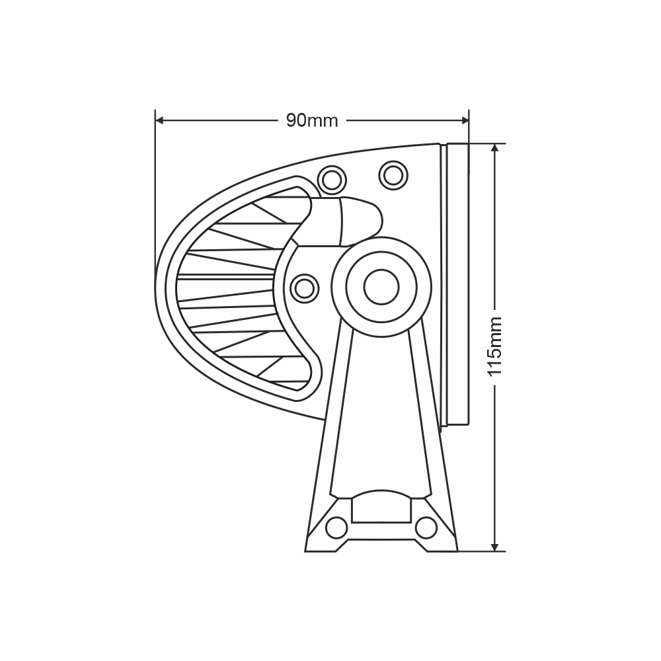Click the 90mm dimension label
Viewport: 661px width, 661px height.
coord(312,120)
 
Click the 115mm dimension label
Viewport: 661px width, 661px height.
coord(495,346)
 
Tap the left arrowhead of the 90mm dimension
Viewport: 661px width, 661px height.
coord(159,120)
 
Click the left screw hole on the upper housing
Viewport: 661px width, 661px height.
coord(330,178)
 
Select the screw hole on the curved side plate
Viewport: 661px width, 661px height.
coord(304,287)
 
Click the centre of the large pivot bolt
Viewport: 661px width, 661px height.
coord(381,287)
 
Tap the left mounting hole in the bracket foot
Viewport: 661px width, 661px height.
coord(337,527)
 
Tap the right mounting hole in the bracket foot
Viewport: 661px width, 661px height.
coord(426,527)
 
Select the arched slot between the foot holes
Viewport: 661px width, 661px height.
coord(382,507)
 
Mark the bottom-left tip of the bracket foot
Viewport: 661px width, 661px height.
coord(307,550)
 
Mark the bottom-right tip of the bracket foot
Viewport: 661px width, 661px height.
coord(456,550)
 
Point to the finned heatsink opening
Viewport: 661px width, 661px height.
coord(231,291)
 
